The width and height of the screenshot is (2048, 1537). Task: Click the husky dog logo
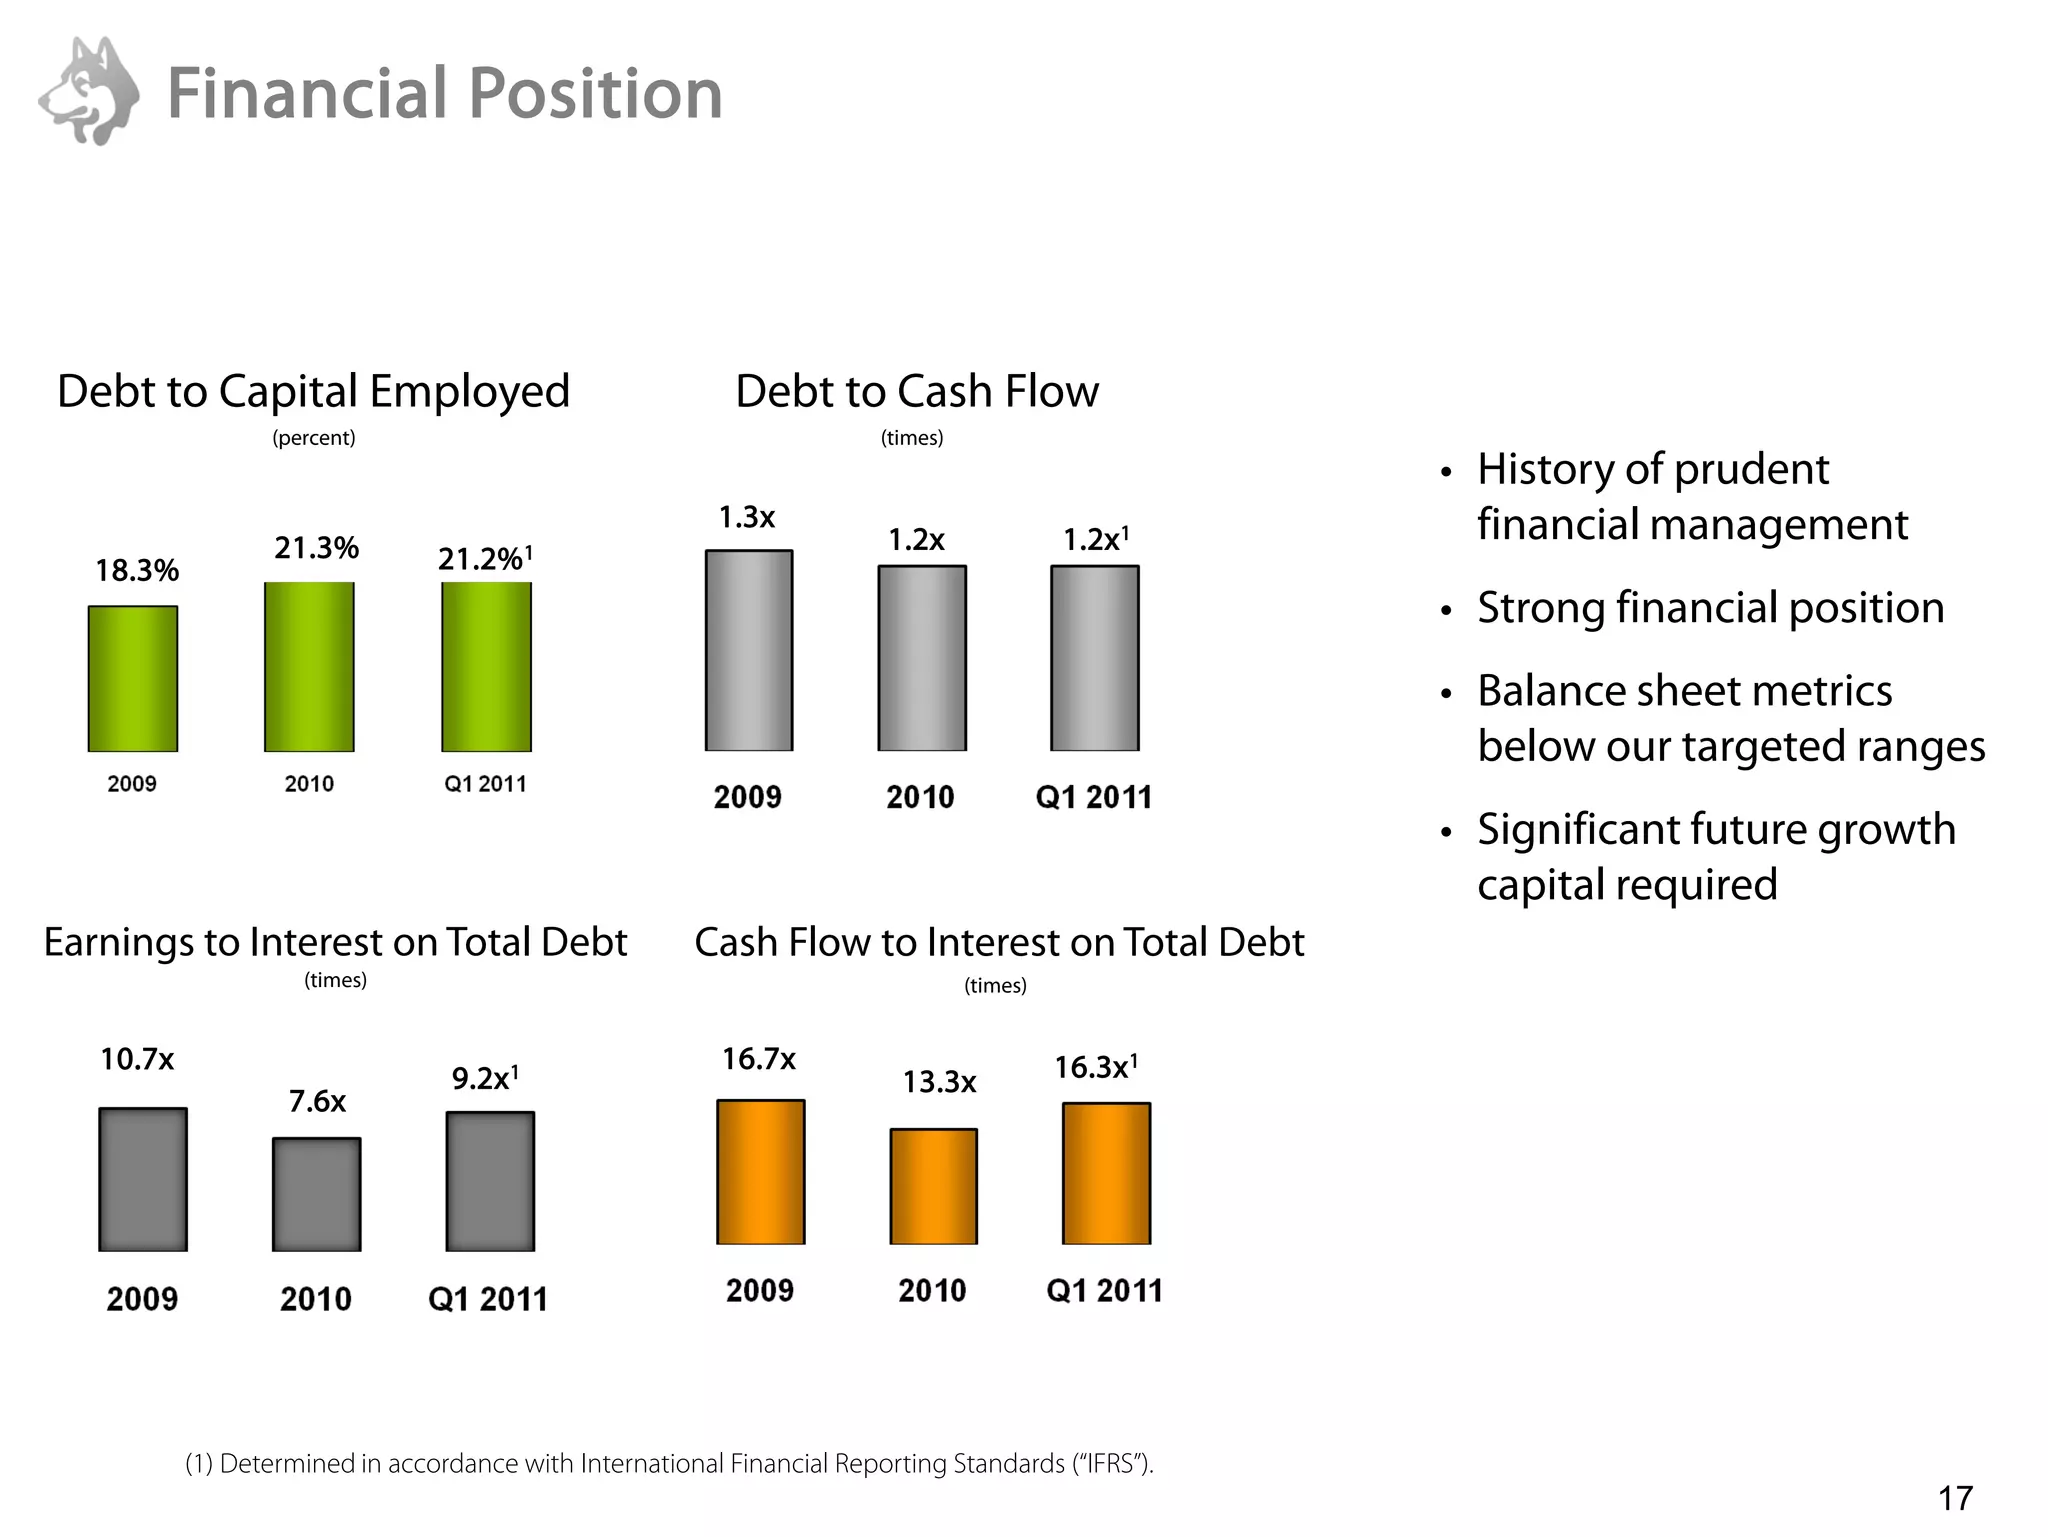pyautogui.click(x=90, y=92)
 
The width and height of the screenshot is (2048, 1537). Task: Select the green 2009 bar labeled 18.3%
pyautogui.click(x=133, y=678)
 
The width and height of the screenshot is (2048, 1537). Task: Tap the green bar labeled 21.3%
pyautogui.click(x=309, y=666)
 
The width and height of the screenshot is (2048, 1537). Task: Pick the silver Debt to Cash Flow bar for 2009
pyautogui.click(x=749, y=650)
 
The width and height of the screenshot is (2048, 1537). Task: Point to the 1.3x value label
pyautogui.click(x=747, y=517)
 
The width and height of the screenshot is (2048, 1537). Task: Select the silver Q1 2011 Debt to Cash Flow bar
pyautogui.click(x=1094, y=658)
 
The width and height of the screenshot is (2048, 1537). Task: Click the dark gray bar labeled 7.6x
pyautogui.click(x=316, y=1194)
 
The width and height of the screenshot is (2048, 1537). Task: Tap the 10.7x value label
pyautogui.click(x=137, y=1059)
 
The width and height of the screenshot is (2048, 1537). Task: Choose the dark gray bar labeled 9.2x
pyautogui.click(x=490, y=1181)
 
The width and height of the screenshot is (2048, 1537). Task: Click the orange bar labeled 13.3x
pyautogui.click(x=933, y=1186)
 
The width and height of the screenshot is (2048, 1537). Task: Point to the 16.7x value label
pyautogui.click(x=759, y=1059)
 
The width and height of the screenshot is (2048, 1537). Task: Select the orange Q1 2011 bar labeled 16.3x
pyautogui.click(x=1106, y=1173)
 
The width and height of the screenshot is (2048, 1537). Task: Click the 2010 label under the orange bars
pyautogui.click(x=932, y=1290)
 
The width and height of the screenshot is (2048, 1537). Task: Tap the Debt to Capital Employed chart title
pyautogui.click(x=313, y=391)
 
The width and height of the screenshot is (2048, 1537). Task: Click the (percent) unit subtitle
pyautogui.click(x=314, y=438)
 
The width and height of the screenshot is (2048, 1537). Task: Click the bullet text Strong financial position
pyautogui.click(x=1710, y=608)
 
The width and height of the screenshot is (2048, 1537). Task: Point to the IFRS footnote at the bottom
pyautogui.click(x=669, y=1464)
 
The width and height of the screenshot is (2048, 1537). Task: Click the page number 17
pyautogui.click(x=1955, y=1498)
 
